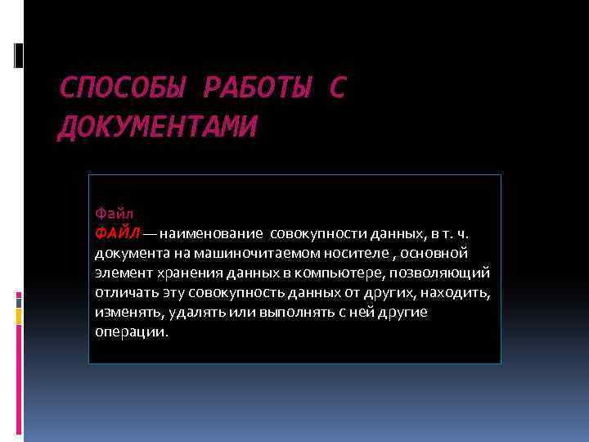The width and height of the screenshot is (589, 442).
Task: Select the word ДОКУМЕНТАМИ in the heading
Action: pyautogui.click(x=156, y=127)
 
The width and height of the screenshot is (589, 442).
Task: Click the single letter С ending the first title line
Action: pyautogui.click(x=337, y=88)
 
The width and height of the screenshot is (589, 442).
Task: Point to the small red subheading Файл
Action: pyautogui.click(x=110, y=214)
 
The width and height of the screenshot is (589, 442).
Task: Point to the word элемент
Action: pyautogui.click(x=119, y=273)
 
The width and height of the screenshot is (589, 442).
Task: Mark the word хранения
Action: pyautogui.click(x=179, y=273)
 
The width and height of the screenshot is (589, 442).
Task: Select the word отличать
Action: pyautogui.click(x=122, y=292)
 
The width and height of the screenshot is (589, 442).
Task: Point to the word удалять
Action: pyautogui.click(x=196, y=312)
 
